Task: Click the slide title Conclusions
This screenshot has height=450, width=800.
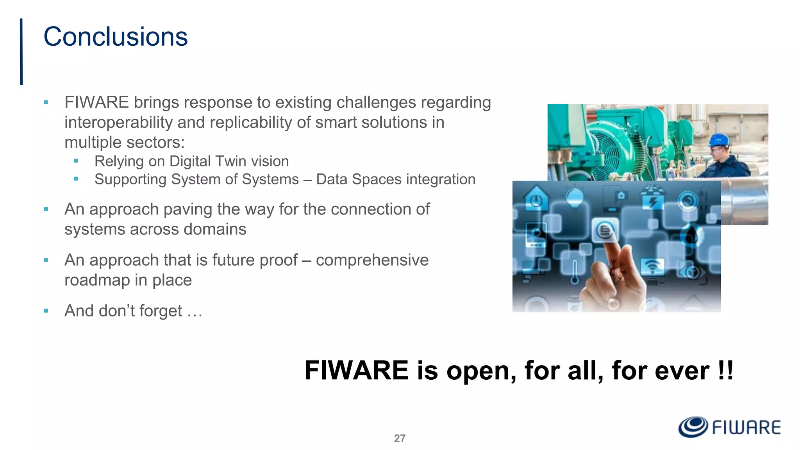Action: tap(115, 37)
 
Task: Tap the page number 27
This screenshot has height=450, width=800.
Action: tap(400, 438)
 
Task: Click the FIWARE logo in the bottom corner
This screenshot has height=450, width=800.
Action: tap(729, 427)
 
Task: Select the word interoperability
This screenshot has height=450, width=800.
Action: tap(118, 123)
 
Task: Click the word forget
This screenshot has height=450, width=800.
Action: tap(161, 311)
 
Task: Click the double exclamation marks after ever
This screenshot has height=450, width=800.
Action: tap(725, 370)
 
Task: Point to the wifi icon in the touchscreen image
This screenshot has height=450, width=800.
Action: tap(651, 266)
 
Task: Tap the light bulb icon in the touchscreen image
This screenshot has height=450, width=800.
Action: tap(574, 198)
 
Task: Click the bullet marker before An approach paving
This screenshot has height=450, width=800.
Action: tap(46, 209)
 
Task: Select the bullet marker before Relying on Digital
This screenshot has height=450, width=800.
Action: tap(76, 161)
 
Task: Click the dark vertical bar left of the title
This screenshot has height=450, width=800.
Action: tap(21, 52)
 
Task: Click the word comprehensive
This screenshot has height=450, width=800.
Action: tap(372, 260)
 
